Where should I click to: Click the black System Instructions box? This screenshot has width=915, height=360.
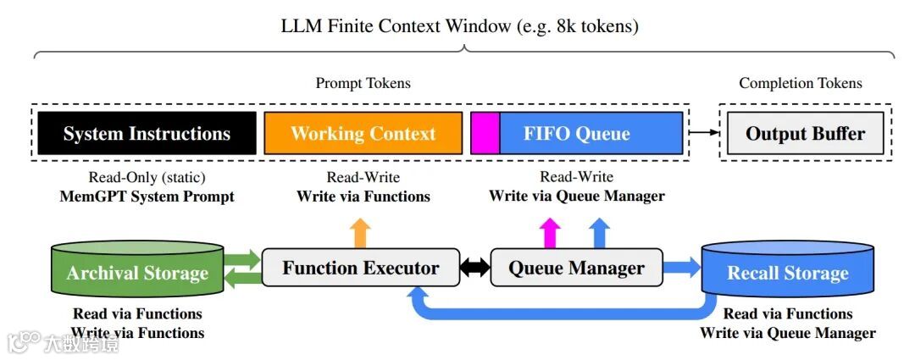pyautogui.click(x=147, y=133)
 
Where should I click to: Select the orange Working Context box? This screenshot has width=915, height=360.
pyautogui.click(x=363, y=133)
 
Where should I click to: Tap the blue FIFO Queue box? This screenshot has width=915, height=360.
pyautogui.click(x=591, y=133)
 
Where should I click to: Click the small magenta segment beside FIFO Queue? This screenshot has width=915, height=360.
pyautogui.click(x=485, y=133)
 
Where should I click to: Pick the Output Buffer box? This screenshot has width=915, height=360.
pyautogui.click(x=806, y=133)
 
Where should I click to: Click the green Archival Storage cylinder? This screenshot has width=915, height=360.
pyautogui.click(x=138, y=269)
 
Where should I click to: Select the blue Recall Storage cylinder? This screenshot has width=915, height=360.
pyautogui.click(x=787, y=269)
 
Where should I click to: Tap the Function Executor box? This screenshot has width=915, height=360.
pyautogui.click(x=361, y=267)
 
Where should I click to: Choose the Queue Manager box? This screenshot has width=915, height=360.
pyautogui.click(x=577, y=267)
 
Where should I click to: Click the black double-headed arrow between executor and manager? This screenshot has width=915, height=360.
pyautogui.click(x=475, y=268)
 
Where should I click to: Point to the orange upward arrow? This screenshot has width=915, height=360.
pyautogui.click(x=361, y=233)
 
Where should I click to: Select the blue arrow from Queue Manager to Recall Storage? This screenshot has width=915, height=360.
pyautogui.click(x=682, y=267)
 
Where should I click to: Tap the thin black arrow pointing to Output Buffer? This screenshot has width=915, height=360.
pyautogui.click(x=704, y=132)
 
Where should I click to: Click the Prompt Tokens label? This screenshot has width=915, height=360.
pyautogui.click(x=363, y=84)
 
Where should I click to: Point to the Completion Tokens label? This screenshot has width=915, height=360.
pyautogui.click(x=800, y=84)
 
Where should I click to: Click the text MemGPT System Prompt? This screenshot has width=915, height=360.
pyautogui.click(x=147, y=196)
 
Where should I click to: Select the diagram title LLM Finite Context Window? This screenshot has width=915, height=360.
pyautogui.click(x=396, y=26)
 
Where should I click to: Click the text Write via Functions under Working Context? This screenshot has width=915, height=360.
pyautogui.click(x=363, y=196)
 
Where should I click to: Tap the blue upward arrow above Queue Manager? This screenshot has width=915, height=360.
pyautogui.click(x=599, y=233)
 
